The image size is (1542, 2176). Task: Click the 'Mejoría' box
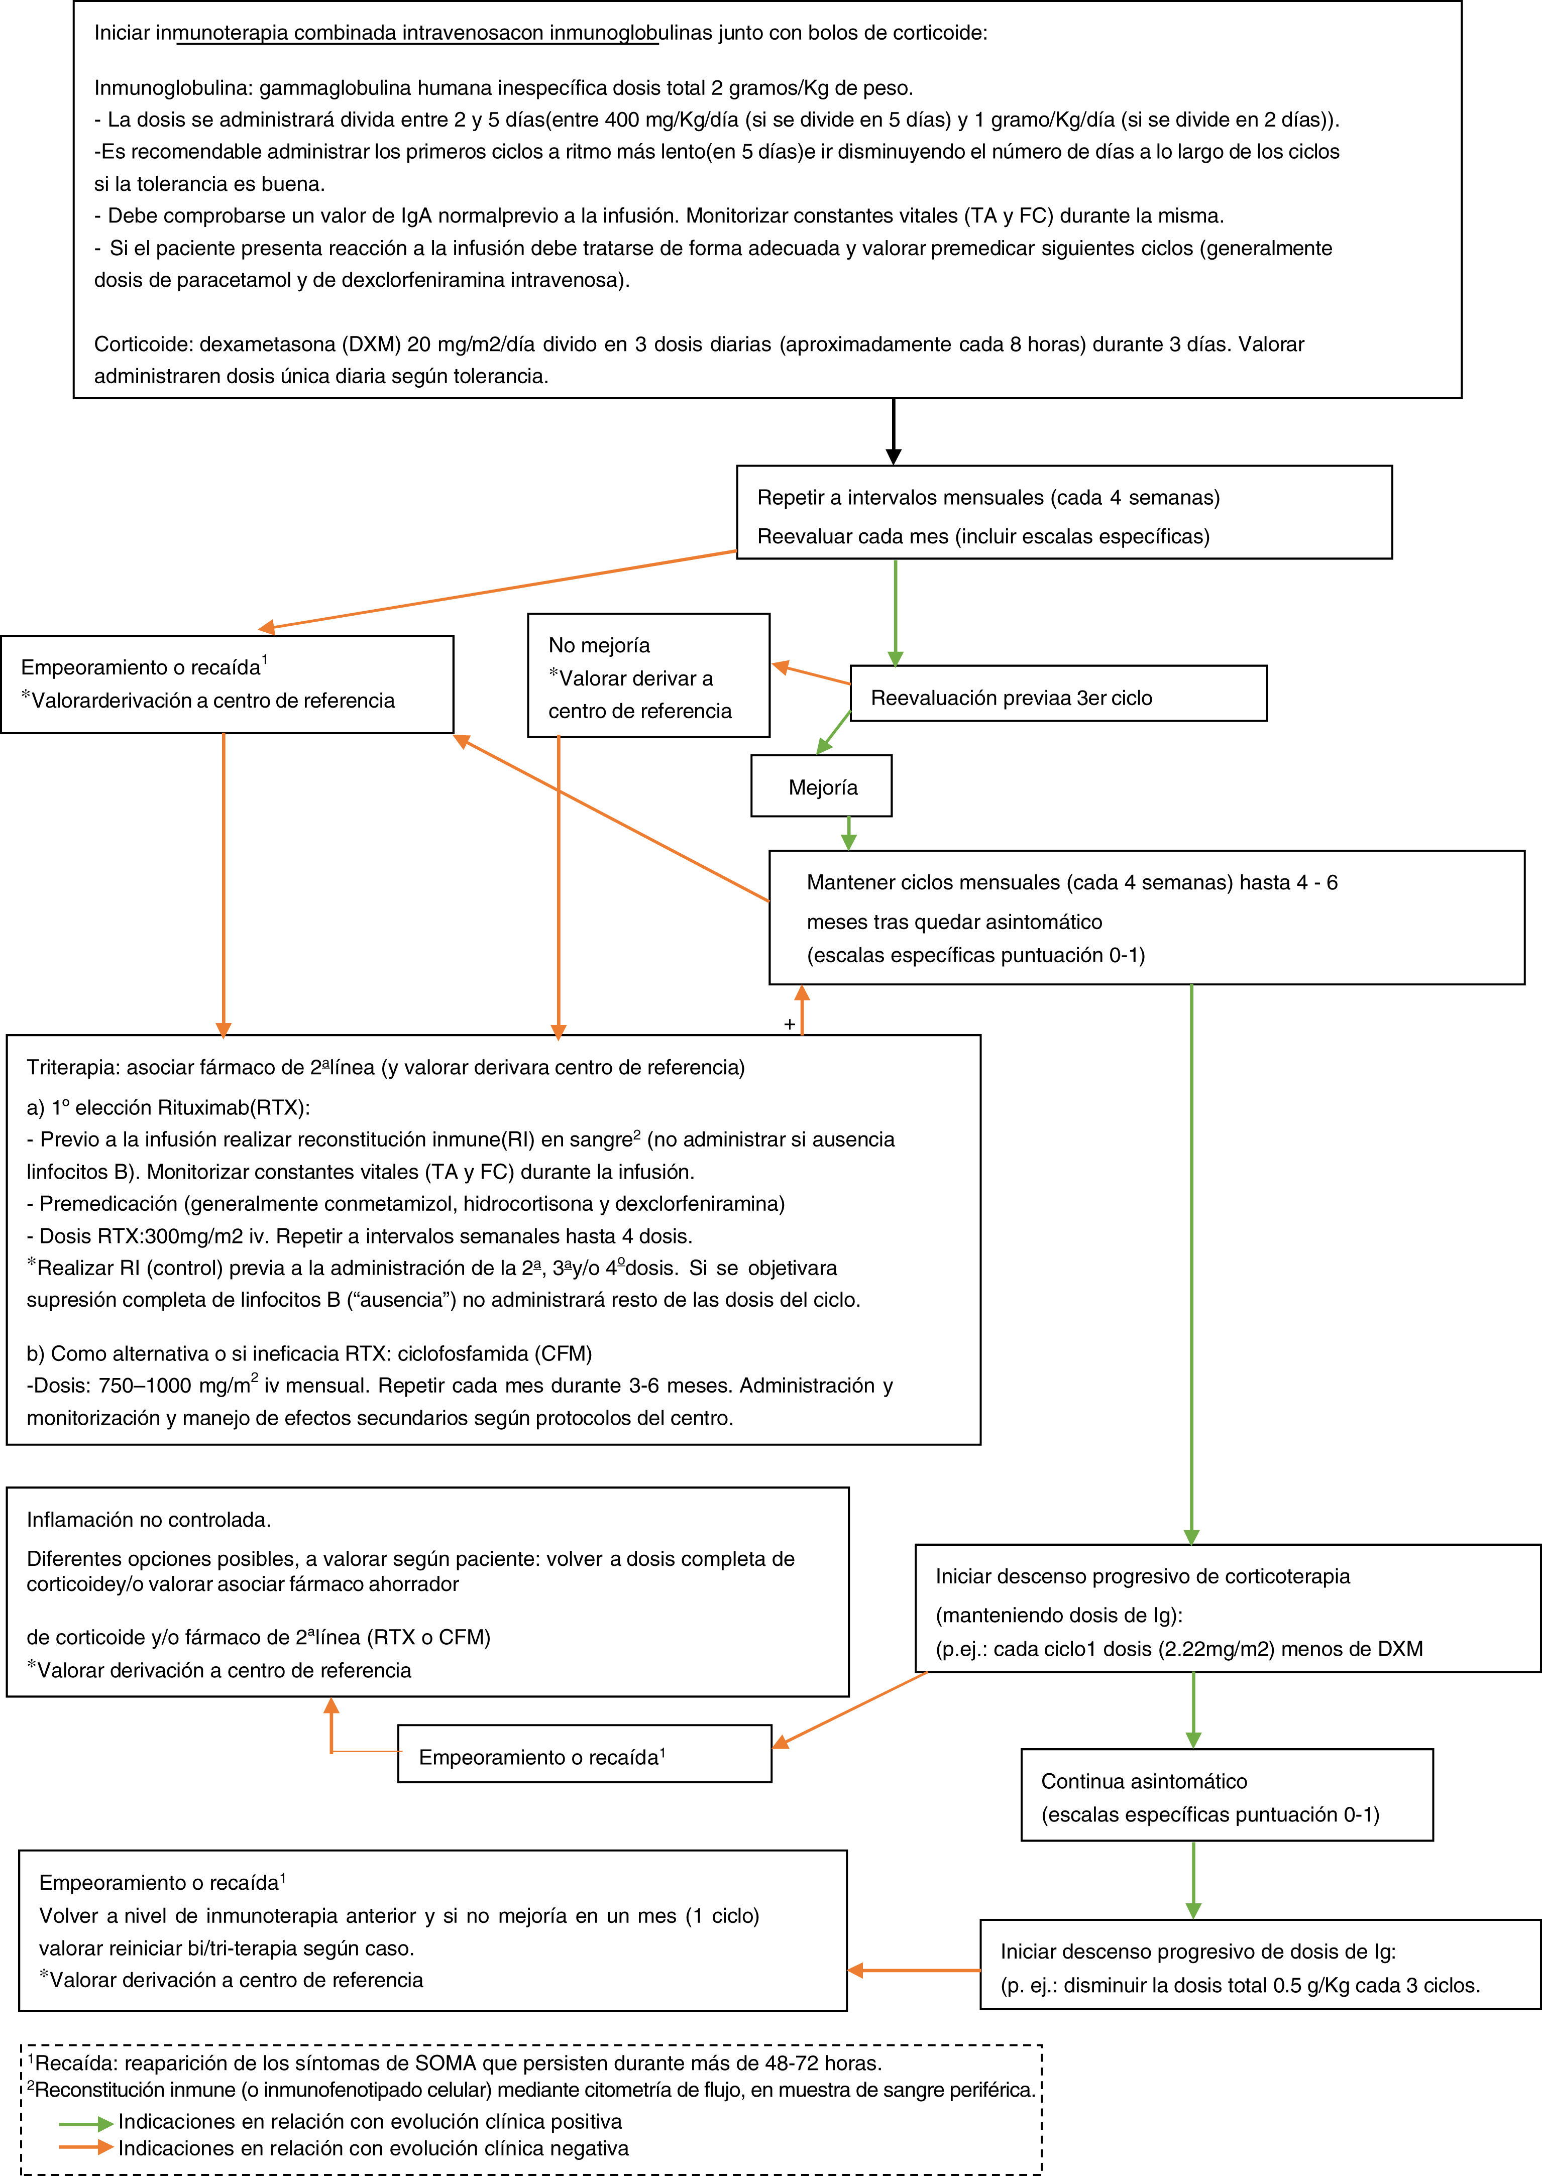coord(821,786)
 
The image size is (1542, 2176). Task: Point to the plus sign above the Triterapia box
coord(789,1024)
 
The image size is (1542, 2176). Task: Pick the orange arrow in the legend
coord(85,2147)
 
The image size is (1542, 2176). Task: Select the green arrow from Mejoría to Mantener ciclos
coord(849,833)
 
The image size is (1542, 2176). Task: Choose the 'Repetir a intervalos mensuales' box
coord(1063,512)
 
